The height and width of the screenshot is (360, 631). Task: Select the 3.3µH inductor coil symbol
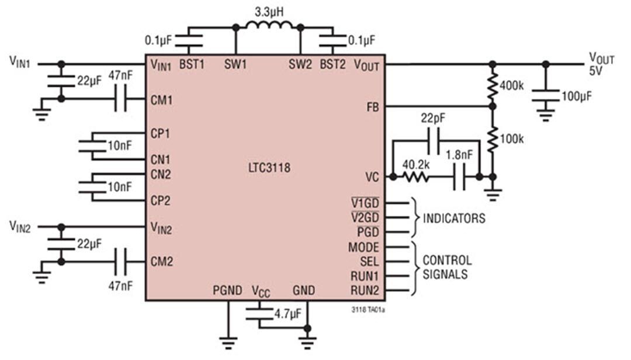coord(268,26)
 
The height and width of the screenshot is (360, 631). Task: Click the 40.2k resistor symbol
coord(415,176)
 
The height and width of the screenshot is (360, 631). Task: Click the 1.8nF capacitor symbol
coord(459,176)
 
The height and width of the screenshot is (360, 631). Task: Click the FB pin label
coord(372,106)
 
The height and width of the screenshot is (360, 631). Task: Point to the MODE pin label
coord(363,247)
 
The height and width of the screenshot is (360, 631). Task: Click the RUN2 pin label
coord(365,290)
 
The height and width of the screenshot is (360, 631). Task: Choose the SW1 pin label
coord(235,65)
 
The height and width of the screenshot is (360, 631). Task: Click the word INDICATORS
coord(454,219)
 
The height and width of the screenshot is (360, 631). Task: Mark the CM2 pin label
coord(161,261)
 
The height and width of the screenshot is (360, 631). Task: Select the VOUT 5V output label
coord(601,63)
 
